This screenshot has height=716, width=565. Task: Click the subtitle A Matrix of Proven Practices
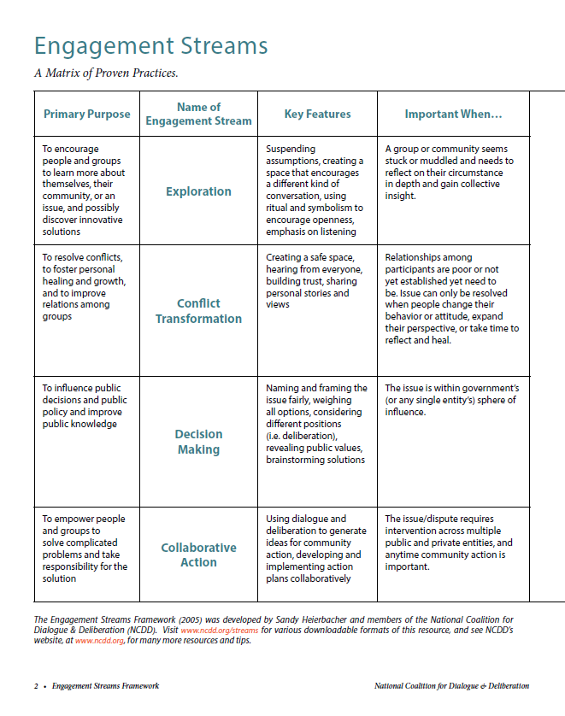tap(106, 73)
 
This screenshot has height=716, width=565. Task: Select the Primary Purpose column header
tap(87, 114)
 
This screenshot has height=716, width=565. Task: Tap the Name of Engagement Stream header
tap(198, 114)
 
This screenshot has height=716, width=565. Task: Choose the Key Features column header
tap(317, 114)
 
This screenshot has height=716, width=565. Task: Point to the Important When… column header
tap(453, 114)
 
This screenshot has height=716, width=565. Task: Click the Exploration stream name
tap(198, 191)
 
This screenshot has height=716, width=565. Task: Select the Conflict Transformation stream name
tap(198, 311)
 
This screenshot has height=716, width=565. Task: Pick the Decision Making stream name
tap(198, 442)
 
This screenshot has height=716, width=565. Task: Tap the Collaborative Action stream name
tap(198, 555)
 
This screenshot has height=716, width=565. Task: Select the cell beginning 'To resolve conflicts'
tap(85, 286)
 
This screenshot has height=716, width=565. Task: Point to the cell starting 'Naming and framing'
tap(316, 424)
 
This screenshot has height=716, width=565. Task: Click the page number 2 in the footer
tap(36, 686)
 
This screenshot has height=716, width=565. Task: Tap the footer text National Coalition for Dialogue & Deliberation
tap(451, 686)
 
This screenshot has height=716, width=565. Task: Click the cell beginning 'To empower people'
tap(85, 548)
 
